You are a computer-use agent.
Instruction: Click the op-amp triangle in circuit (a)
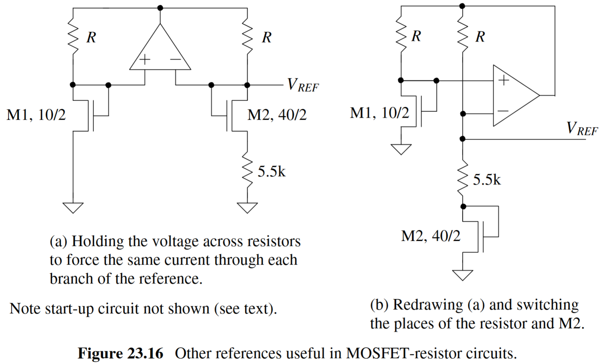click(x=160, y=51)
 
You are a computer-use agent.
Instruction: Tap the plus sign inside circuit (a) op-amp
click(x=144, y=60)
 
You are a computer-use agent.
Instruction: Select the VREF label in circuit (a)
click(x=302, y=85)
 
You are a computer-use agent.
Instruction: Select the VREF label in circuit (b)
click(x=582, y=129)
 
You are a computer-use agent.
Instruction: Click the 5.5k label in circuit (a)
click(x=271, y=171)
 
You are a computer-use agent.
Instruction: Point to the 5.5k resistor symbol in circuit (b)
click(x=463, y=179)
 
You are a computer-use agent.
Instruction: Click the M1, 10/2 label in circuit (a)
click(x=36, y=115)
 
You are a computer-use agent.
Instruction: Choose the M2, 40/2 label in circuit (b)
click(x=431, y=236)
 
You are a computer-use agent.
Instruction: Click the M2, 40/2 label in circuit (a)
click(x=277, y=115)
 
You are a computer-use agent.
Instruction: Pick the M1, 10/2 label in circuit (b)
click(x=380, y=113)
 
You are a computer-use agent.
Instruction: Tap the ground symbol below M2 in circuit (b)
click(x=463, y=275)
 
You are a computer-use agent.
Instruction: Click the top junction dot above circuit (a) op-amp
click(x=160, y=8)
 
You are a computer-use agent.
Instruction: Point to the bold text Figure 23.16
click(x=120, y=353)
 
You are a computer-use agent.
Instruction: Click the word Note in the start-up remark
click(x=25, y=309)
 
